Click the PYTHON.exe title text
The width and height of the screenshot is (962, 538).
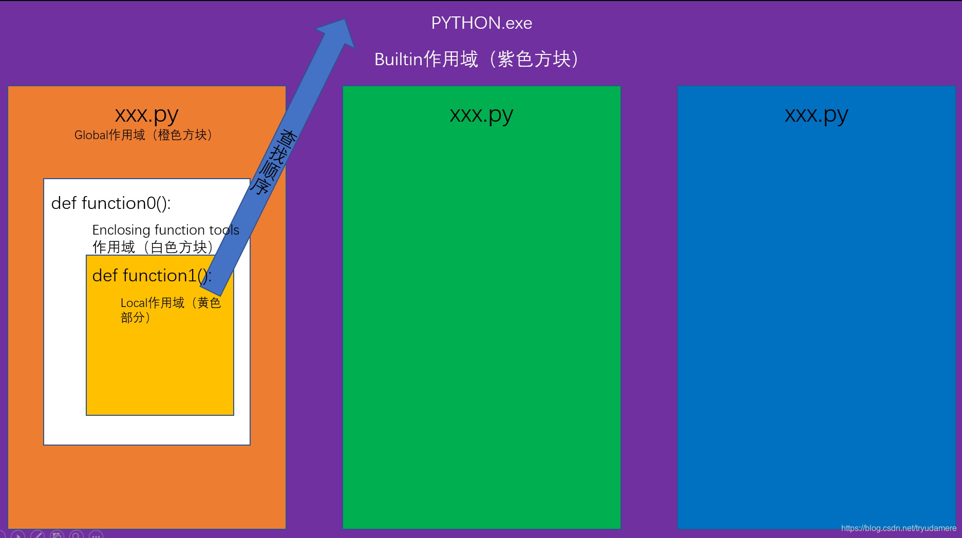tap(481, 23)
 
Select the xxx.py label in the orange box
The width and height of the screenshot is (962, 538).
tap(146, 115)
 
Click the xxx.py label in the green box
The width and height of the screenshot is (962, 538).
tap(481, 115)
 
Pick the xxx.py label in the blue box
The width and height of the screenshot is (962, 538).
tap(816, 115)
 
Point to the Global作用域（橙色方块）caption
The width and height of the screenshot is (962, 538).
tap(143, 135)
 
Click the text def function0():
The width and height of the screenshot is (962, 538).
tap(111, 203)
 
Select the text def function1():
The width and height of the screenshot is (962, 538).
tap(152, 276)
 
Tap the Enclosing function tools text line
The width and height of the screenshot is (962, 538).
tap(165, 230)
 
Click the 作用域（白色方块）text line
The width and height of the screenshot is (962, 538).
tap(153, 247)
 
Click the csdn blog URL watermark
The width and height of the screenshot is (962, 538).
tap(898, 528)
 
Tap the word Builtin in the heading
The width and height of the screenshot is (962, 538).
tap(398, 60)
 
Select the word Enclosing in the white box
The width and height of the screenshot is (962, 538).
tap(121, 230)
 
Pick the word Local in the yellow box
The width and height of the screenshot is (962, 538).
tap(134, 303)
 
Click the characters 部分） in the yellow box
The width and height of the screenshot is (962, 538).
tap(136, 318)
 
